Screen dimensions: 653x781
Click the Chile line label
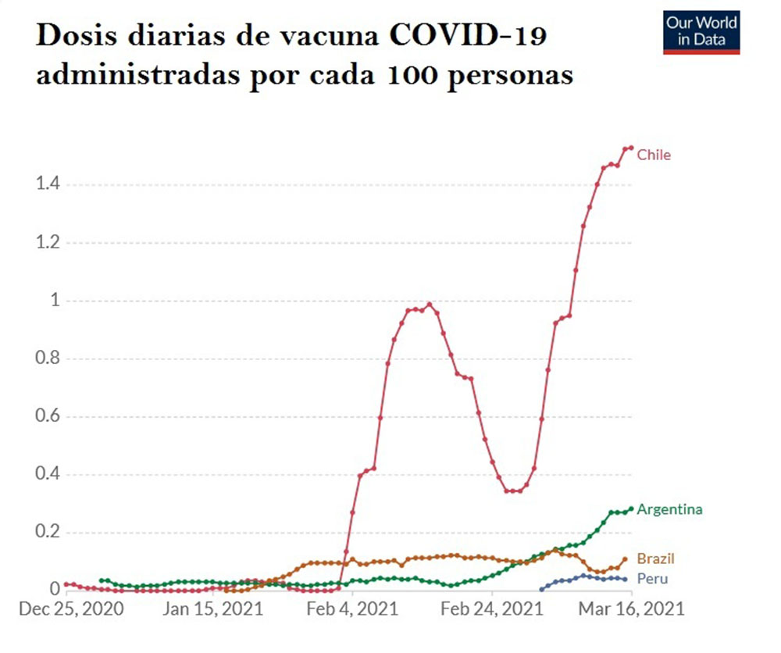pos(654,155)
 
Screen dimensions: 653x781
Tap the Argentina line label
pos(669,509)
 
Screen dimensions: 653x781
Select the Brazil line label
pos(655,558)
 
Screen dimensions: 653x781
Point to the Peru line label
pos(652,579)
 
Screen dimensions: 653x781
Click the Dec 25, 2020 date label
pos(70,608)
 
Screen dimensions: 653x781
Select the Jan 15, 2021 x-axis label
pos(212,608)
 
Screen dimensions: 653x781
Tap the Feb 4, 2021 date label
pos(352,608)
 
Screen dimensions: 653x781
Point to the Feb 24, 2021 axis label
pos(491,608)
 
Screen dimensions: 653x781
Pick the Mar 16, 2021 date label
pos(632,608)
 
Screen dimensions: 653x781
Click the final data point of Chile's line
pos(630,148)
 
